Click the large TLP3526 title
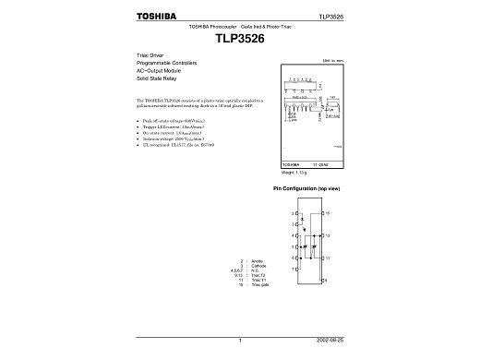239,40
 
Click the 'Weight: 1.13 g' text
293,172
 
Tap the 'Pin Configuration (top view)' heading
307,187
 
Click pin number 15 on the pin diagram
328,213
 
